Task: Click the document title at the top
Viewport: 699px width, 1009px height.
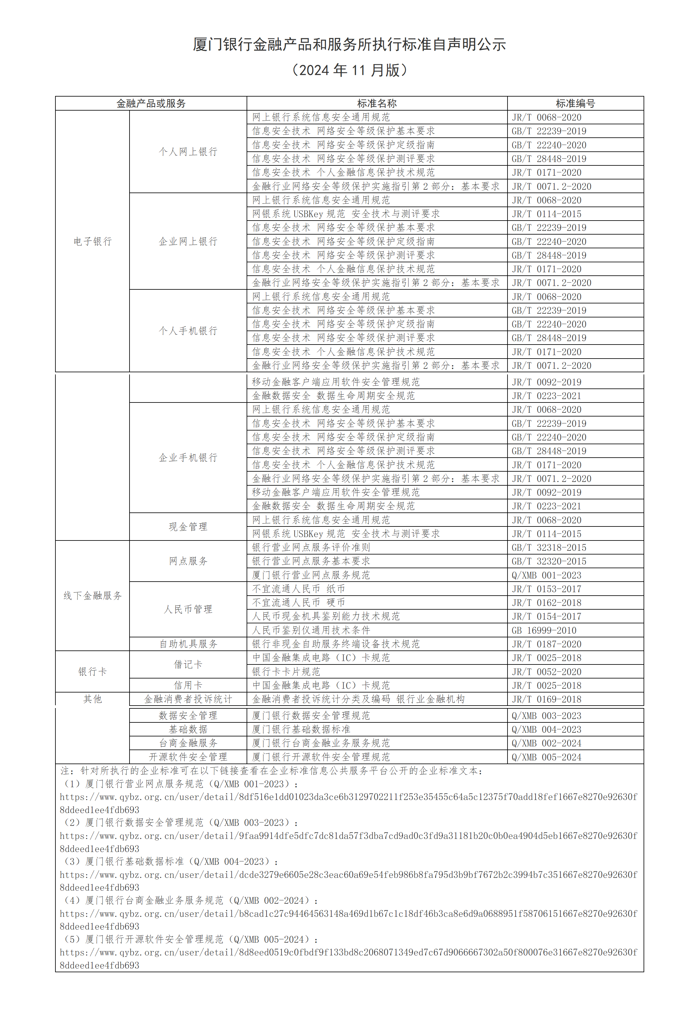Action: click(349, 44)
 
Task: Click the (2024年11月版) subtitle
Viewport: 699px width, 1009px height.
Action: click(349, 70)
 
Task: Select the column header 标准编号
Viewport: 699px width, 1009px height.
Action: click(575, 103)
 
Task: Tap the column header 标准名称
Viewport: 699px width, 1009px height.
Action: click(377, 103)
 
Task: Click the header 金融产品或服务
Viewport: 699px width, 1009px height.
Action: click(151, 103)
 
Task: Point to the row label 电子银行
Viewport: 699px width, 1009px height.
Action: click(92, 241)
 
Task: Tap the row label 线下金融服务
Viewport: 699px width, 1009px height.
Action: click(92, 595)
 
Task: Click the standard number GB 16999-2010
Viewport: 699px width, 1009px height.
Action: click(544, 630)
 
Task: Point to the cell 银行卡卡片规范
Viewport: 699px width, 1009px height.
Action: click(286, 671)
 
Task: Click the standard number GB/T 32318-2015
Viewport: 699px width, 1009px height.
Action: click(549, 547)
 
